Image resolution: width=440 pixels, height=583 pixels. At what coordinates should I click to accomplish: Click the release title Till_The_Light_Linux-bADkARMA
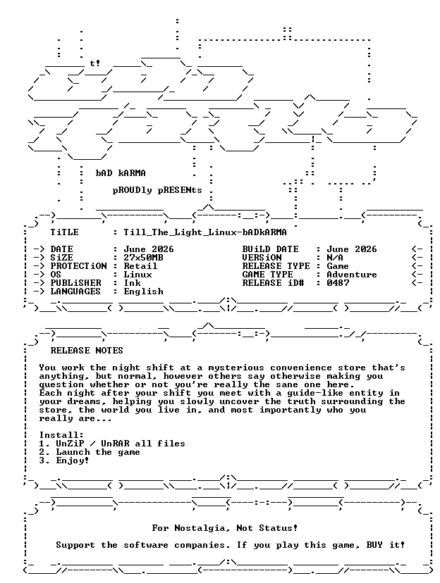(205, 233)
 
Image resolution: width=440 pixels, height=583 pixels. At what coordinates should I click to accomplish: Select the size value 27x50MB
(143, 258)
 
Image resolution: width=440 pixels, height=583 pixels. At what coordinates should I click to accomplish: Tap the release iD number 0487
(338, 283)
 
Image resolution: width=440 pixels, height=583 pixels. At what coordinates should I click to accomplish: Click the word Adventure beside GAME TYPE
(352, 275)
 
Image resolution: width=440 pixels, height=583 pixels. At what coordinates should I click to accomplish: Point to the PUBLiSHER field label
(75, 283)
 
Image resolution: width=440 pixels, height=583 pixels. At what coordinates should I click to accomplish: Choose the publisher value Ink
(132, 283)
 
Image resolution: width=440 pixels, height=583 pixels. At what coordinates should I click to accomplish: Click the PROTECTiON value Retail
(140, 266)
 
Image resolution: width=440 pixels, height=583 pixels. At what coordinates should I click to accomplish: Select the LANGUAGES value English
(143, 291)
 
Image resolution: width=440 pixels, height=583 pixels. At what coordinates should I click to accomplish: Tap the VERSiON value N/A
(335, 258)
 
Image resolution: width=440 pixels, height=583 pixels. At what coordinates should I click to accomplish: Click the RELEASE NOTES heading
(87, 351)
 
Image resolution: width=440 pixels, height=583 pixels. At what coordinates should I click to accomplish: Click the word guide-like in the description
(315, 393)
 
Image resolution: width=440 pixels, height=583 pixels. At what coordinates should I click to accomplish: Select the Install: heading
(61, 435)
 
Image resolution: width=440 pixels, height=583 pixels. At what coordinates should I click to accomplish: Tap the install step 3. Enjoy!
(64, 460)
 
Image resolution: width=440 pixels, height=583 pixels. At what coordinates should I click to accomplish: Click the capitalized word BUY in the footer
(374, 545)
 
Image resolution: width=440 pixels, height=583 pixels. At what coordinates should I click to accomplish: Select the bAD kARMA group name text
(121, 173)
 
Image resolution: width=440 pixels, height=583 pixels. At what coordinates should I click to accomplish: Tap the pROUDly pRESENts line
(157, 190)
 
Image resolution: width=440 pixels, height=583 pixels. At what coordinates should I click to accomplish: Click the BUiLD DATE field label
(270, 249)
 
